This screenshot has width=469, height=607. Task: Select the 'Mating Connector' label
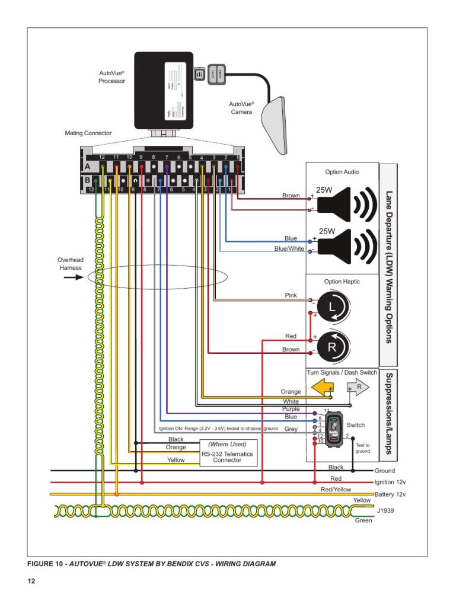tap(88, 133)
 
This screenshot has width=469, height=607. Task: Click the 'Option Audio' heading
tap(342, 172)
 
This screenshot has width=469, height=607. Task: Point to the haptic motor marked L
tap(330, 307)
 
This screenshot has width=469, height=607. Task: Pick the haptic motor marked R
tap(331, 346)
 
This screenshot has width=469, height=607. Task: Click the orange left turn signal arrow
tap(322, 388)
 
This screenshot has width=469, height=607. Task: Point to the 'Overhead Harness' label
tap(71, 264)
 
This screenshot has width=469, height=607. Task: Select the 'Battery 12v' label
tap(390, 494)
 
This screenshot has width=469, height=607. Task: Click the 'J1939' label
tap(384, 509)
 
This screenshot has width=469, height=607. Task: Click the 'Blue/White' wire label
tap(289, 249)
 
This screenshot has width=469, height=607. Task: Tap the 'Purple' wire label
tap(291, 409)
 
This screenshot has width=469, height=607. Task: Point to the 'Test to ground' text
tap(363, 448)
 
